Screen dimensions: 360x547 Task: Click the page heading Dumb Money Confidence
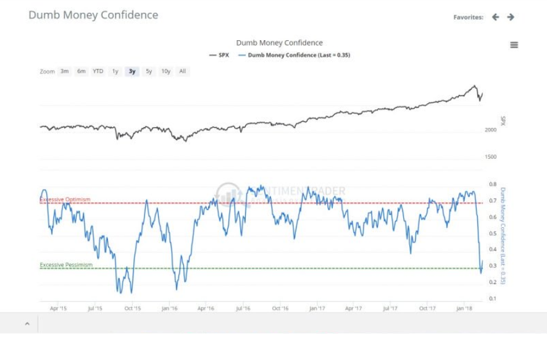(x=93, y=15)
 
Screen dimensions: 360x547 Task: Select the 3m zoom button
(x=65, y=72)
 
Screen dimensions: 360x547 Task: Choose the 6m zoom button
(x=81, y=72)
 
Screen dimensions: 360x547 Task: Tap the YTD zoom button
(x=98, y=72)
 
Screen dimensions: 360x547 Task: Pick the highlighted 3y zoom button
(x=132, y=72)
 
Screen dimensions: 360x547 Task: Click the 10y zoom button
(x=166, y=72)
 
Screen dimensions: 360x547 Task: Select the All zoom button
(x=183, y=72)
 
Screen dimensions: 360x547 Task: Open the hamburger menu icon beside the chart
(x=514, y=45)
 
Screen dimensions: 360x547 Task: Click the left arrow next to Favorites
(x=495, y=17)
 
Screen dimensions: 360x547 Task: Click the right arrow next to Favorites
(x=511, y=17)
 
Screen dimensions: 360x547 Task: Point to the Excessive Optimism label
(x=65, y=199)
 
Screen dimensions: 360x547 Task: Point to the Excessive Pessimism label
(x=66, y=265)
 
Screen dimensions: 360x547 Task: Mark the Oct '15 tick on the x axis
(x=132, y=308)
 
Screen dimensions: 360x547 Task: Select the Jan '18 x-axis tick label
(x=464, y=308)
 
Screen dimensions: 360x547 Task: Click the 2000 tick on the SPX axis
(x=490, y=130)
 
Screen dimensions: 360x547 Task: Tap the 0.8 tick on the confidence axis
(x=493, y=185)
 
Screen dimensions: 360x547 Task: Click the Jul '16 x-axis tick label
(x=243, y=308)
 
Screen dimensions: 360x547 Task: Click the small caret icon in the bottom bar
(x=27, y=324)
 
